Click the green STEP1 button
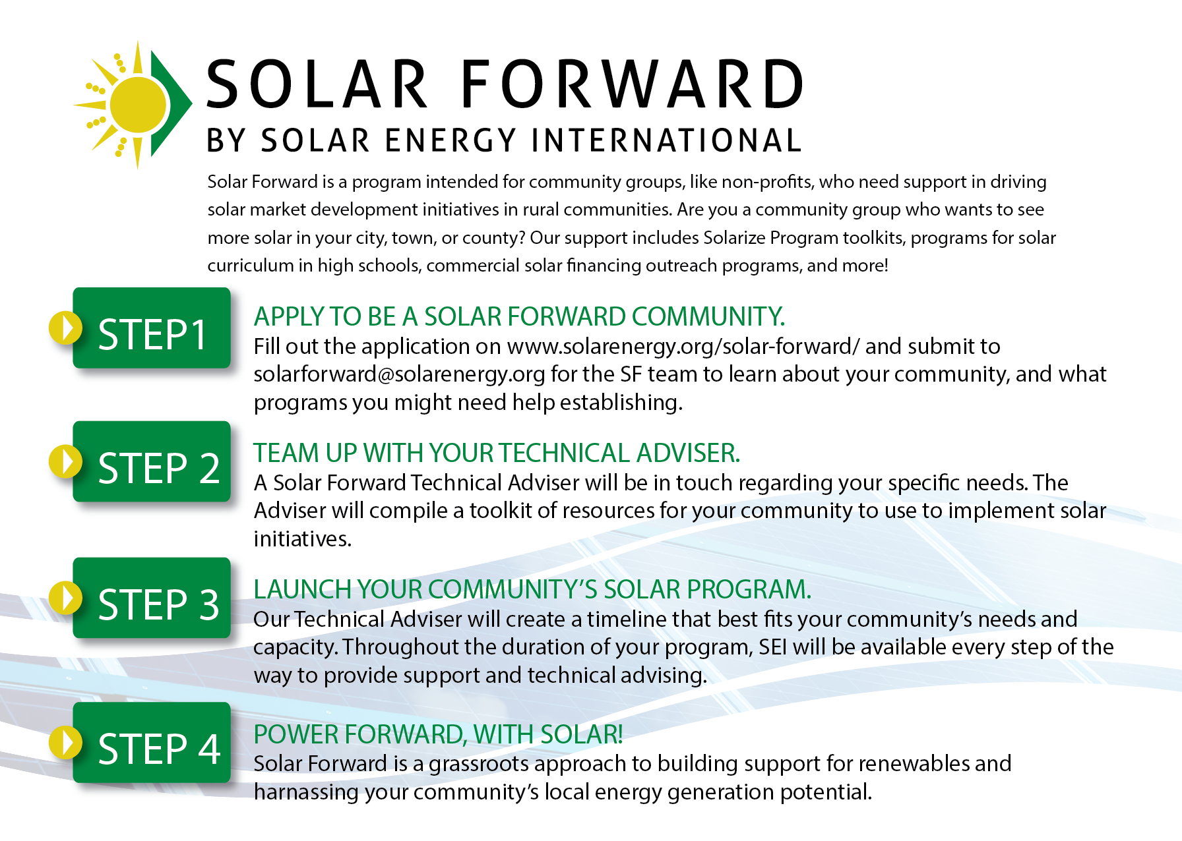(x=152, y=328)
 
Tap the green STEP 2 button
(x=152, y=461)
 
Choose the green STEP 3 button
(x=152, y=598)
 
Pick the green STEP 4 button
(x=152, y=742)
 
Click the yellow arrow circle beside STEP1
(x=65, y=328)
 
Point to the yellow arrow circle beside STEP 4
(x=65, y=742)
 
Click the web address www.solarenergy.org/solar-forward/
(x=683, y=347)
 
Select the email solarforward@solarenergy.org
(x=400, y=374)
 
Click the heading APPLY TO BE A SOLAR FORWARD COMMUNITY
(x=520, y=317)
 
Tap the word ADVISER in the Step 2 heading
(x=688, y=453)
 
